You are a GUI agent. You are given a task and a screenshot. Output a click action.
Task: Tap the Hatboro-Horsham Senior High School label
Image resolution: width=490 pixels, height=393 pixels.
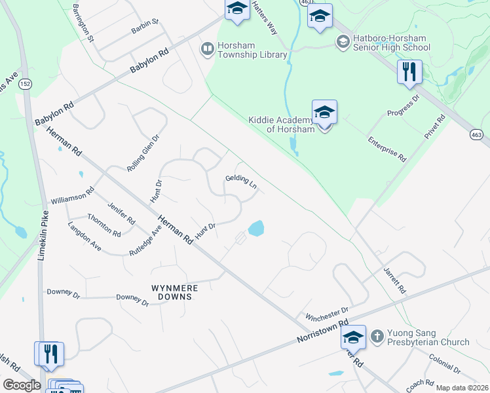[x=392, y=42]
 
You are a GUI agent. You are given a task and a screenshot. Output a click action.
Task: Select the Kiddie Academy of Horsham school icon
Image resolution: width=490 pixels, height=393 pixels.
[x=324, y=113]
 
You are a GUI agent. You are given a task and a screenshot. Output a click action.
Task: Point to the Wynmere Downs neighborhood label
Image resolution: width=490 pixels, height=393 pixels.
[x=173, y=292]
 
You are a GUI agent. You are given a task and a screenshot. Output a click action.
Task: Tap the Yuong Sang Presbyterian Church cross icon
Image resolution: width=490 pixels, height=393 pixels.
[x=377, y=337]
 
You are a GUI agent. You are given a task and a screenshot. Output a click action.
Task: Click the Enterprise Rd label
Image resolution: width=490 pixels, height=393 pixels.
[x=387, y=149]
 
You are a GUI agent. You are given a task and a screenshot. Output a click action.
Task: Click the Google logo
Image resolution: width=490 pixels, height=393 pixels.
[x=22, y=385]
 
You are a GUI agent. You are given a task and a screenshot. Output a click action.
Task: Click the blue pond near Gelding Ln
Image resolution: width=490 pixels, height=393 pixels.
[x=255, y=229]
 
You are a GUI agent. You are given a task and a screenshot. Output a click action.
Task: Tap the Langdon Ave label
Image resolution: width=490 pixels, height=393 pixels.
[x=85, y=237]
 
